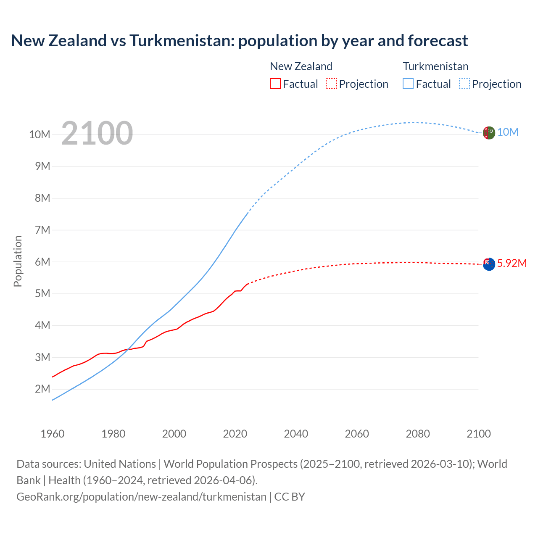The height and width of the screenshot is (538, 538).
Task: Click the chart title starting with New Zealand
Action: [239, 41]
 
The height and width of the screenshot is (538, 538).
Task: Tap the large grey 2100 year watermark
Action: [97, 133]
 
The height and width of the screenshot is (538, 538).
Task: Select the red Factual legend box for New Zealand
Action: [275, 84]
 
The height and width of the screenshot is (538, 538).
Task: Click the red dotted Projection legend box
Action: [331, 84]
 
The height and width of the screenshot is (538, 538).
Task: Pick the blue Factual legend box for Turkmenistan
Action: [408, 84]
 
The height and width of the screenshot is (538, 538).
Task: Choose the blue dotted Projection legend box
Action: [464, 84]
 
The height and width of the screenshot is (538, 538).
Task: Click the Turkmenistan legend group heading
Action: [435, 66]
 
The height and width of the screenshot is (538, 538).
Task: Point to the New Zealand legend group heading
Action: [301, 66]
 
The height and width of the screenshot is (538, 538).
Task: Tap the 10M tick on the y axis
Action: [40, 134]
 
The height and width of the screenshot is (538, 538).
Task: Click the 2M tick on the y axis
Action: [42, 389]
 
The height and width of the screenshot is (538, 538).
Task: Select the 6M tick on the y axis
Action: [42, 262]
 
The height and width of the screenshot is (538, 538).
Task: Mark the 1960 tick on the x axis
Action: [53, 434]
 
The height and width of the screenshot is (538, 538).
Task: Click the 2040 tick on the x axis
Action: [296, 434]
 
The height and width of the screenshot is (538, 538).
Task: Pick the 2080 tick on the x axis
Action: [418, 434]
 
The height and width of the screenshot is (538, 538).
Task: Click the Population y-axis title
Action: [18, 261]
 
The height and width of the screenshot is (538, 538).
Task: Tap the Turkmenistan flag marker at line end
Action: [488, 133]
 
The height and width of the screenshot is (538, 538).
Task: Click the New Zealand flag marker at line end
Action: [488, 264]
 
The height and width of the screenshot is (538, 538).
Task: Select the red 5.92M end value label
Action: [512, 263]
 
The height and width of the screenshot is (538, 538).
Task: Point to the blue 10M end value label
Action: [508, 132]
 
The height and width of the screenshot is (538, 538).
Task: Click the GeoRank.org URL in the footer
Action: [141, 496]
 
